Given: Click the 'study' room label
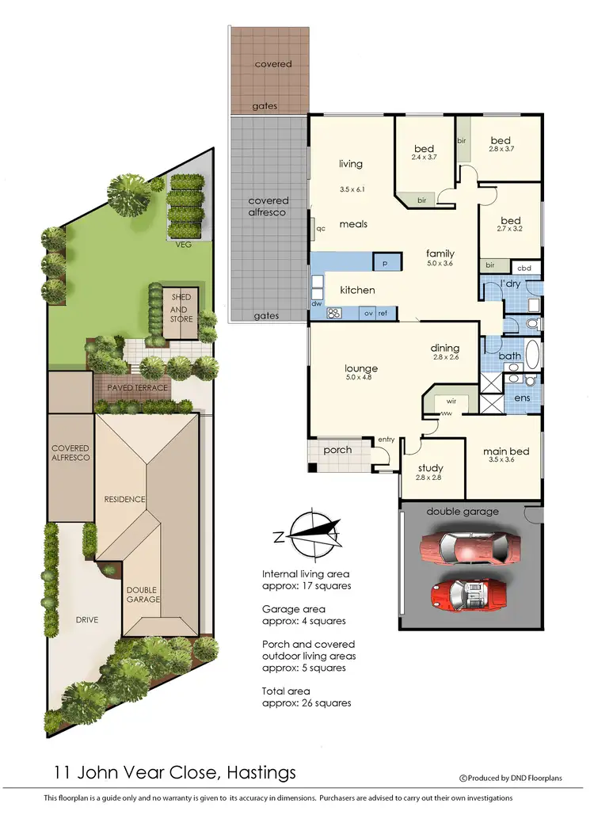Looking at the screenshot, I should [x=431, y=467].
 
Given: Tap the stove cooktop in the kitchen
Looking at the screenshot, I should [x=334, y=313].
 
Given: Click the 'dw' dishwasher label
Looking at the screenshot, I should [x=317, y=303].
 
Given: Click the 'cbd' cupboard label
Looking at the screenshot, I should [x=524, y=266].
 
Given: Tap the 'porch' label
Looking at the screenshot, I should [x=337, y=450].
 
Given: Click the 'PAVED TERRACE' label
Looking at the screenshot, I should [x=142, y=388].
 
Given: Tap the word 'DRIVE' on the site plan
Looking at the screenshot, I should [x=86, y=619].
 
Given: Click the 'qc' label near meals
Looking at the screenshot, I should [x=321, y=227].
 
